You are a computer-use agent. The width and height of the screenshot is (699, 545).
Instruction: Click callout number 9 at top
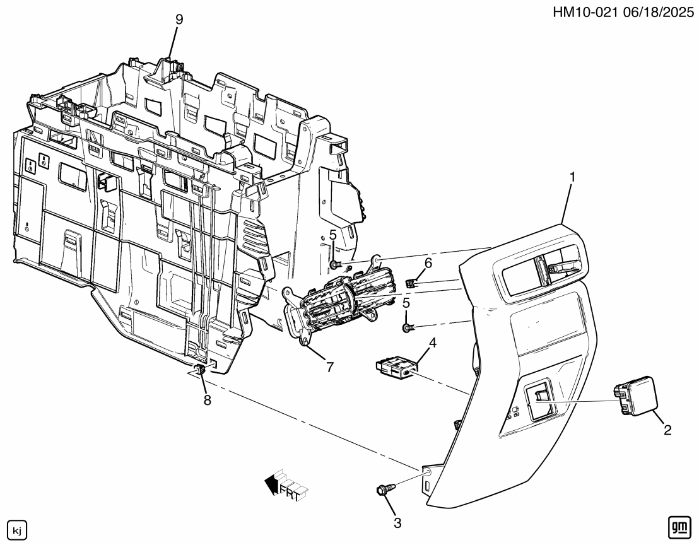point(179,20)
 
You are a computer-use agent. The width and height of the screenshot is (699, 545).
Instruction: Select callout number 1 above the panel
point(572,179)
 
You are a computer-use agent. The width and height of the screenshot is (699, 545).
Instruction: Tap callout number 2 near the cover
point(667,431)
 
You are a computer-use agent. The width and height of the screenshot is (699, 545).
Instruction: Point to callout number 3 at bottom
point(397,522)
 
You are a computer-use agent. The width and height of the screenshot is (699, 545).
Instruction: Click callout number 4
point(433,344)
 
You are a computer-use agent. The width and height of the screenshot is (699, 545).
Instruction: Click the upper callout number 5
point(332,235)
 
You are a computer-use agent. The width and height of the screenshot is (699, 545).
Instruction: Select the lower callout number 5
point(406,303)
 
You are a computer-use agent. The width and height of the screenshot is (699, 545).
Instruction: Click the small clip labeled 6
point(412,283)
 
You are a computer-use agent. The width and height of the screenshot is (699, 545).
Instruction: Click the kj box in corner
point(16,527)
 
